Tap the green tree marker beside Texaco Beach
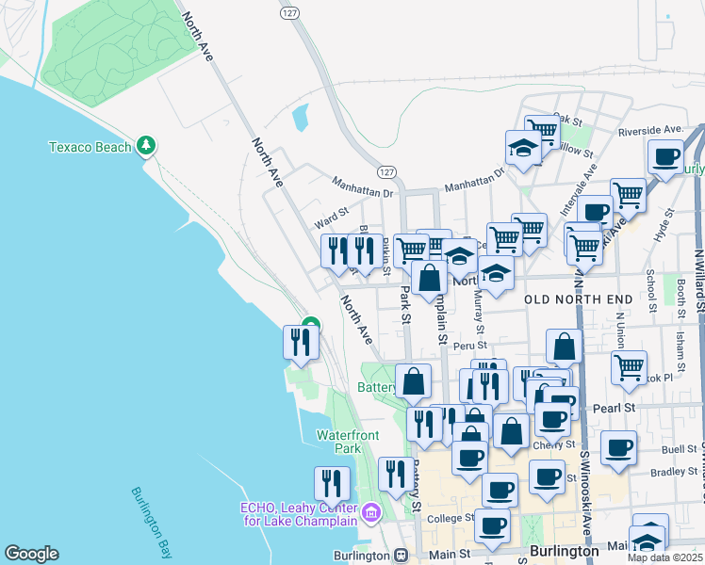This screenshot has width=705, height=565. [145, 145]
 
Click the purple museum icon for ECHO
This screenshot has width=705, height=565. [369, 512]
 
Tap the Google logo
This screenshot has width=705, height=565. [31, 554]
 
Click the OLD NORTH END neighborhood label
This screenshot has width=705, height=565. [579, 299]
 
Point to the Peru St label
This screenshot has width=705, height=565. [468, 347]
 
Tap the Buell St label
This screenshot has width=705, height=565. [679, 425]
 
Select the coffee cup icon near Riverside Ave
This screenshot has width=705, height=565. [666, 157]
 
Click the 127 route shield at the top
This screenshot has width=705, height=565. [289, 13]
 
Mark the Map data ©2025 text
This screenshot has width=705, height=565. [665, 557]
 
